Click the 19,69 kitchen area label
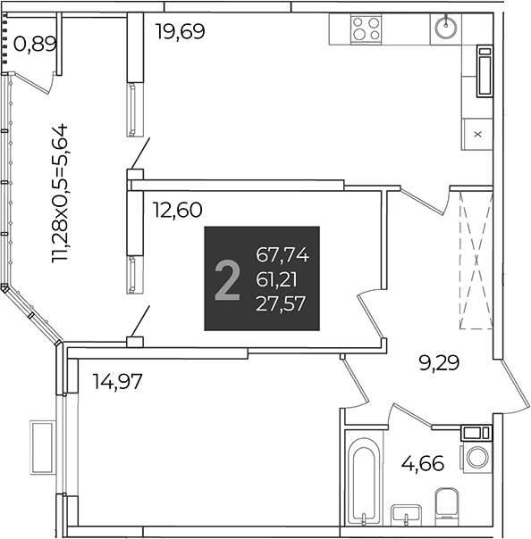coord(180,31)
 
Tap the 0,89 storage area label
coord(35,45)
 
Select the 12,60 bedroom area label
coord(177,210)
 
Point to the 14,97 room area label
coord(117,381)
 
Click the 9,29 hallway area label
coord(439,363)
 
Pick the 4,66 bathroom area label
coord(423,463)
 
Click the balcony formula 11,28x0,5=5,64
coord(60,194)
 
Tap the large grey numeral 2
coord(227,280)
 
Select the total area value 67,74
coord(282,255)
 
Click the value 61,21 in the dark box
coord(276,280)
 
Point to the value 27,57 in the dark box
coord(281,304)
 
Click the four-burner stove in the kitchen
coord(366,29)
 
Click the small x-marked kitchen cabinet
coord(477,135)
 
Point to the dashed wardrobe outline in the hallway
coord(476,261)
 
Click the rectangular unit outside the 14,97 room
coord(43,448)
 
